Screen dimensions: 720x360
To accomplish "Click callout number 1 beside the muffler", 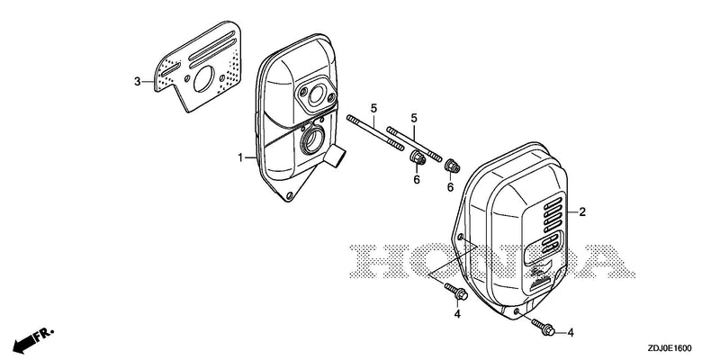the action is [x=240, y=158].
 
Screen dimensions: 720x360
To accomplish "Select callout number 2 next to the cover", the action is [x=582, y=212].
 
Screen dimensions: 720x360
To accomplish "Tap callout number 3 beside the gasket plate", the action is [x=138, y=82].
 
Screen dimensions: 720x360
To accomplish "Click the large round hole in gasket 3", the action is [x=204, y=78].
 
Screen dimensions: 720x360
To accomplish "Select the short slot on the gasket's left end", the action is [x=170, y=70].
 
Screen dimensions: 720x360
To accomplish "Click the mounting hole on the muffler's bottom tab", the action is [x=289, y=196].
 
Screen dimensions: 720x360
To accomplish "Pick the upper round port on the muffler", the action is [x=316, y=97].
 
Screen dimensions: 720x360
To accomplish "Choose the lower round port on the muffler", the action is [x=312, y=140].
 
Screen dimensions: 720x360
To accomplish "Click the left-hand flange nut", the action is [x=417, y=158].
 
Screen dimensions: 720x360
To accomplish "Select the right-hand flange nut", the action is [x=452, y=166].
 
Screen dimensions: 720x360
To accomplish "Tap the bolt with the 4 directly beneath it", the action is [x=455, y=292].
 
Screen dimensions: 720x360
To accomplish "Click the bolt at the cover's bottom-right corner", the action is [x=544, y=327].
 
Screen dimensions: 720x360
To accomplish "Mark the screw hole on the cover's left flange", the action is [x=461, y=237].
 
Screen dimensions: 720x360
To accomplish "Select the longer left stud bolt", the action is [x=375, y=133].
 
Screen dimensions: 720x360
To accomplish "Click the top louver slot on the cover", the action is [x=552, y=202].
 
